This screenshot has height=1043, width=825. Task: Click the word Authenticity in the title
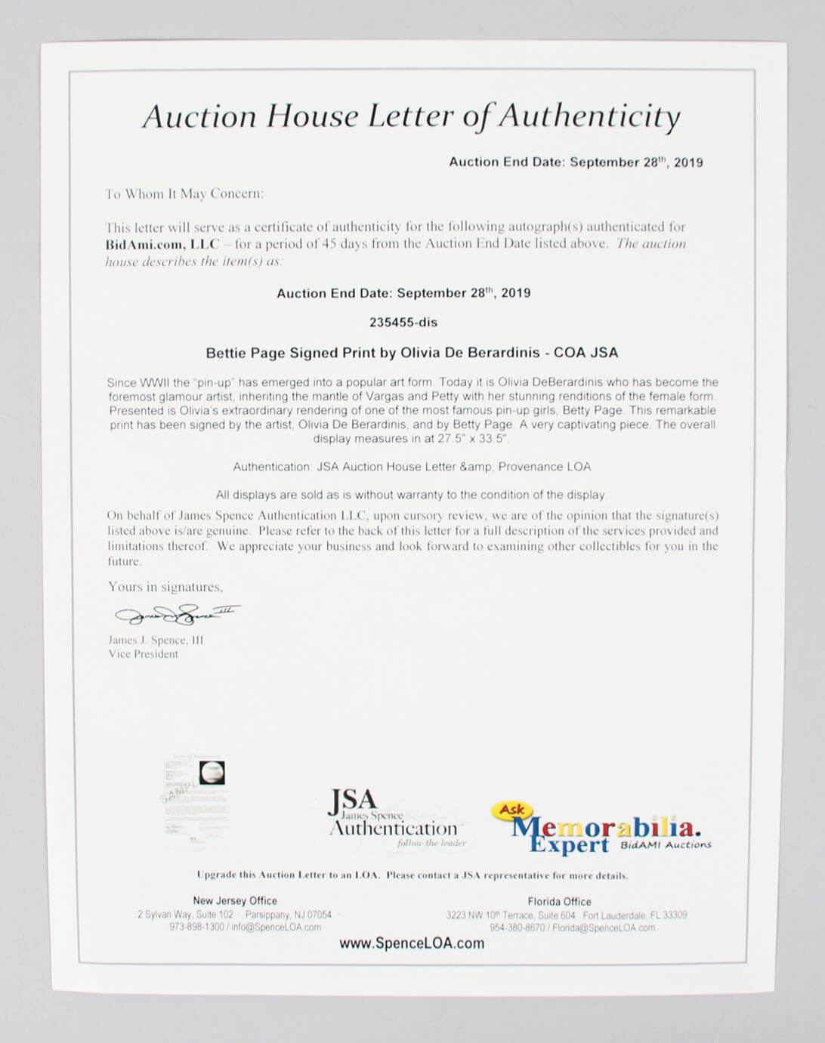pyautogui.click(x=589, y=117)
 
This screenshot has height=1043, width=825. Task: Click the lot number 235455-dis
pyautogui.click(x=403, y=322)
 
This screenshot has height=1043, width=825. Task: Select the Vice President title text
pyautogui.click(x=143, y=654)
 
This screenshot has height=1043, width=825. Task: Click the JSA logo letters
pyautogui.click(x=352, y=800)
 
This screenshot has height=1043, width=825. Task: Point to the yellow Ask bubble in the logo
pyautogui.click(x=511, y=810)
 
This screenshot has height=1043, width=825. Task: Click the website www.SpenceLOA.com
pyautogui.click(x=412, y=943)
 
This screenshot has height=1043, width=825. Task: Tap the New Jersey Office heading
pyautogui.click(x=235, y=900)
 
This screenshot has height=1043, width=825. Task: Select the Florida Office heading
pyautogui.click(x=559, y=901)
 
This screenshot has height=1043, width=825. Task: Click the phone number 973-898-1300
pyautogui.click(x=196, y=927)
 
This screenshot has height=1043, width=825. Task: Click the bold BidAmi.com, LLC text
pyautogui.click(x=162, y=244)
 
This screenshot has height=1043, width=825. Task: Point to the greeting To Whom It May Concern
pyautogui.click(x=185, y=194)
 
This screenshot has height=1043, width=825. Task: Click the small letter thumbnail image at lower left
pyautogui.click(x=194, y=798)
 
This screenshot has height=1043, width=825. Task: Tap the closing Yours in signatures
pyautogui.click(x=165, y=587)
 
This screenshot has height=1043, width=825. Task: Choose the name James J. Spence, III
pyautogui.click(x=156, y=640)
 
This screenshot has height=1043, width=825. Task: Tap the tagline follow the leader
pyautogui.click(x=431, y=843)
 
